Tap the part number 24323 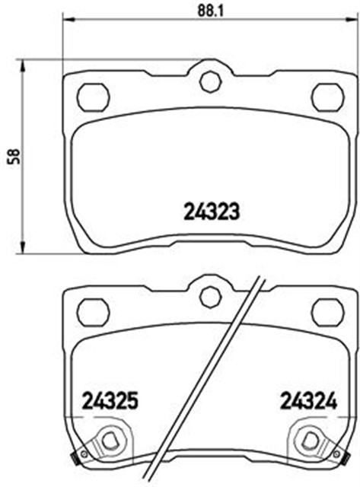pos(212,212)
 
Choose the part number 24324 pos(307,399)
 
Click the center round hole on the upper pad pos(209,82)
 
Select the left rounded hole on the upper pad pos(95,96)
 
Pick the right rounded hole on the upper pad pos(327,96)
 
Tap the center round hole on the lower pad pos(209,295)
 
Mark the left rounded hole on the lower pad pos(95,310)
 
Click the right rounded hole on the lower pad pos(327,310)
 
